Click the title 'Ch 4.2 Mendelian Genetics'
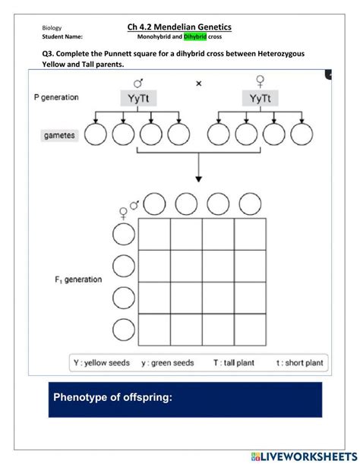point(179,27)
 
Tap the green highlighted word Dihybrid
point(195,36)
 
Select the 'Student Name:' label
point(62,36)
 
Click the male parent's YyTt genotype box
point(138,98)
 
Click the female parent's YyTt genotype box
point(261,98)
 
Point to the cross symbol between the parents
point(199,84)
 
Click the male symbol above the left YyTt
point(138,83)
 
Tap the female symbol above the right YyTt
point(261,81)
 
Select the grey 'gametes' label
point(59,135)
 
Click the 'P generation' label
point(56,97)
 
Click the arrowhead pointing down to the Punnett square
point(199,179)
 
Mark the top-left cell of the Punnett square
point(154,235)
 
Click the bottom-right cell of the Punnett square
point(250,330)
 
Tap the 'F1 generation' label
point(78,279)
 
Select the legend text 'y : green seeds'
point(168,363)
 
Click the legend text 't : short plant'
point(299,363)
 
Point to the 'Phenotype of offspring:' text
point(112,397)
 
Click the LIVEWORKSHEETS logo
point(304,456)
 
